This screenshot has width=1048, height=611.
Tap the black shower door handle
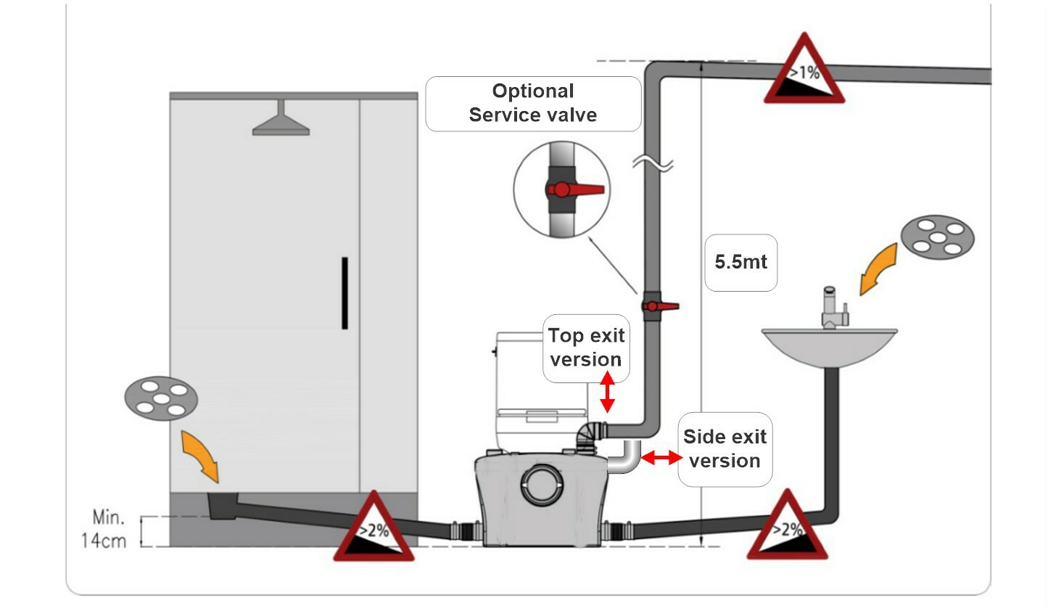click(x=344, y=293)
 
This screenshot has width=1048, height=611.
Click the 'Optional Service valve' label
click(x=533, y=103)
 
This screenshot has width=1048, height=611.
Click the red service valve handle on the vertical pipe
click(x=661, y=306)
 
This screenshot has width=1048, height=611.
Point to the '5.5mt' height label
click(x=740, y=262)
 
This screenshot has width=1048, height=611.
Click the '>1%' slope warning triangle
click(x=804, y=68)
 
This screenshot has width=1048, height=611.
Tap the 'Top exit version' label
click(x=586, y=348)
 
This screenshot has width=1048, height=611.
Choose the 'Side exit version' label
click(x=725, y=448)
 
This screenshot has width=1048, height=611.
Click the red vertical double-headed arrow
click(x=607, y=392)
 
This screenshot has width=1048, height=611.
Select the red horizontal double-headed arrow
click(x=661, y=457)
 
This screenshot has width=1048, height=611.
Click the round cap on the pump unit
click(x=542, y=485)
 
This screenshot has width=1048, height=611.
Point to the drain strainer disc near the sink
click(x=938, y=237)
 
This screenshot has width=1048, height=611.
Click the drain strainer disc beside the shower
click(x=161, y=398)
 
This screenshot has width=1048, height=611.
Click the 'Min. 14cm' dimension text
click(x=104, y=529)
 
